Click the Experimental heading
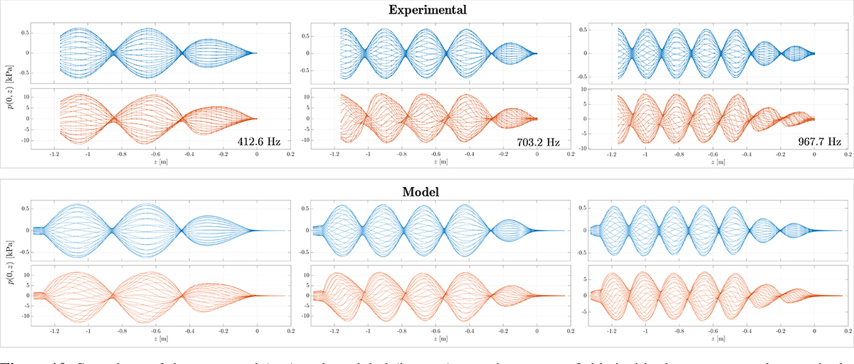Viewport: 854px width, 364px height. [427, 10]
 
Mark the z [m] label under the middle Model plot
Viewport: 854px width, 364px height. [438, 338]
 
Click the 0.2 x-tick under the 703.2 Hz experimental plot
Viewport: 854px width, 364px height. [571, 154]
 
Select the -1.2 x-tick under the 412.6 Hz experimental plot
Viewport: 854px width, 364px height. [54, 154]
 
